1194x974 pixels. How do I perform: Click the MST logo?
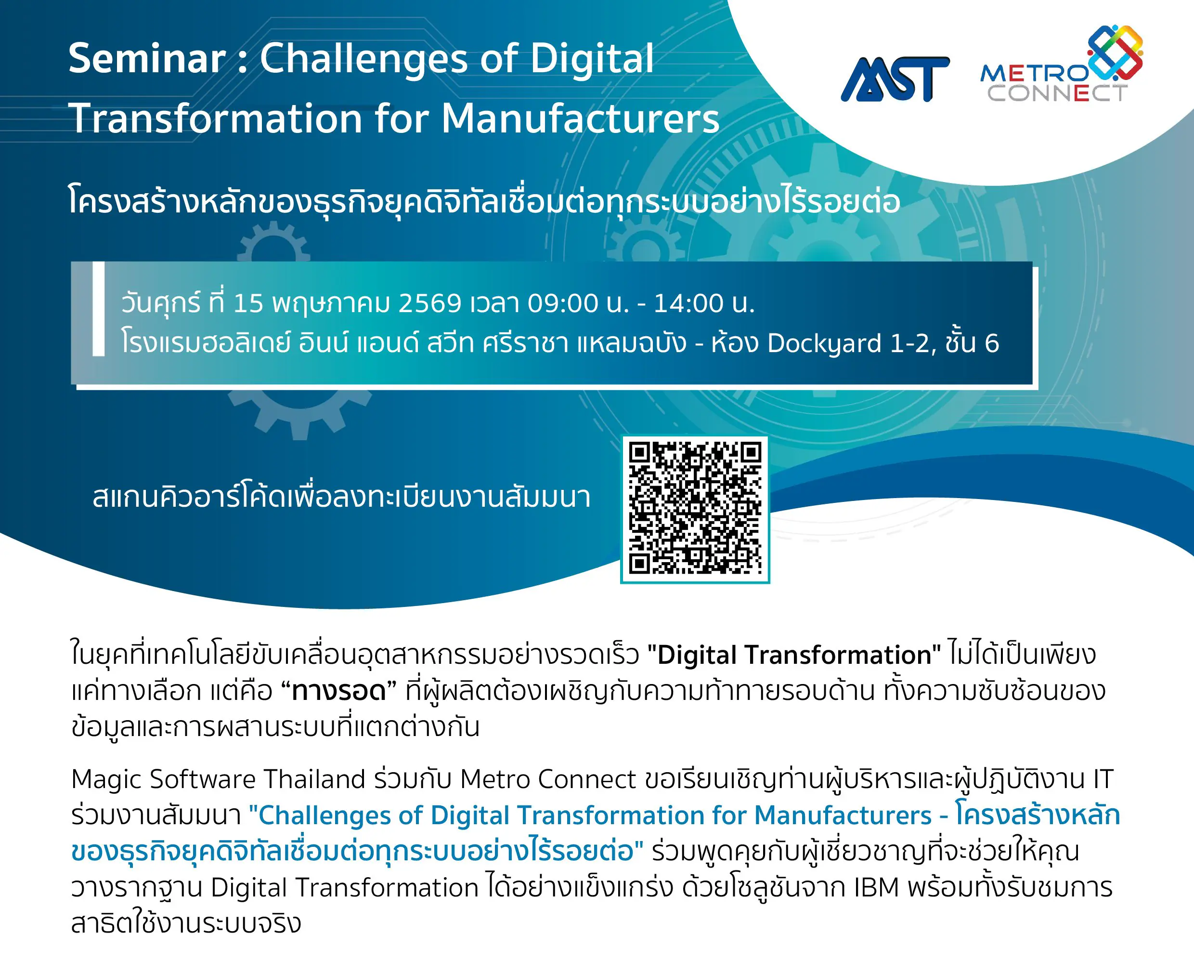(895, 79)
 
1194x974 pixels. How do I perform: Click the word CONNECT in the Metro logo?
(1057, 93)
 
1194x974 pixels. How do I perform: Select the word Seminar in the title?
(147, 58)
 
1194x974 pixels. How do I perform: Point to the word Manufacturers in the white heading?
(581, 118)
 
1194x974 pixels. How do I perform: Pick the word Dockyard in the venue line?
(824, 343)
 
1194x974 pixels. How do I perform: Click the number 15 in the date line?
(248, 303)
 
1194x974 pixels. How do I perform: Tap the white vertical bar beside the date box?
(99, 309)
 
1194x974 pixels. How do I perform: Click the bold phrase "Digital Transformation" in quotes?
(793, 655)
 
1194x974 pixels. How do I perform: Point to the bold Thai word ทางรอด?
(339, 691)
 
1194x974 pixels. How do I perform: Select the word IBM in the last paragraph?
(876, 888)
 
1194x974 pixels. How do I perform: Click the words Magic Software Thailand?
(218, 779)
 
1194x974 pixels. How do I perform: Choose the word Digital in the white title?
(592, 58)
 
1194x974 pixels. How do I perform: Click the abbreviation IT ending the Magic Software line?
(1103, 779)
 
